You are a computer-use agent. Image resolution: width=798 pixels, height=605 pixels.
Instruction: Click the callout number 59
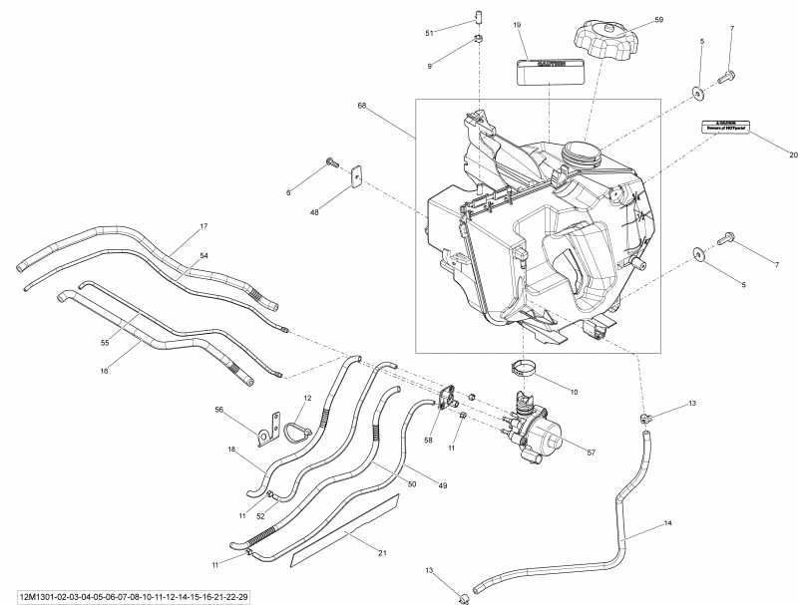coord(658,19)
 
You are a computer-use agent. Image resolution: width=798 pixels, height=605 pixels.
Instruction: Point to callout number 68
coord(362,105)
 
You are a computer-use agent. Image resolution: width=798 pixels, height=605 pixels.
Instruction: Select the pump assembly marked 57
coord(538,431)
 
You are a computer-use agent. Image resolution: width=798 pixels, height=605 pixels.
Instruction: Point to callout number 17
coord(203,225)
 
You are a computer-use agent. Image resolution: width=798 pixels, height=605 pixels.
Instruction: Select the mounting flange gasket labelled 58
coord(454,400)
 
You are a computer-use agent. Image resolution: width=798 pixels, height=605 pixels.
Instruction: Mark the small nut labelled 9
coord(478,40)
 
